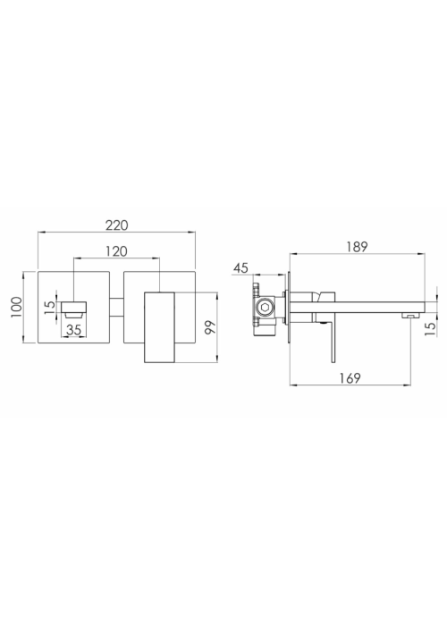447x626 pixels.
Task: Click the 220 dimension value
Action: pyautogui.click(x=117, y=225)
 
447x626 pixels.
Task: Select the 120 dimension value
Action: pyautogui.click(x=116, y=251)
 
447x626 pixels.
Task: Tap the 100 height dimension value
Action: pyautogui.click(x=17, y=307)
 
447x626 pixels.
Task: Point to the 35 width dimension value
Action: pyautogui.click(x=74, y=330)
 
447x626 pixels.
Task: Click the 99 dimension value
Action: pyautogui.click(x=210, y=327)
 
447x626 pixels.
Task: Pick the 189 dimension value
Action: pyautogui.click(x=357, y=247)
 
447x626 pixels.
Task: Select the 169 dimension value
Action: pyautogui.click(x=350, y=377)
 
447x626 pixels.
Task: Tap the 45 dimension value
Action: pyautogui.click(x=240, y=268)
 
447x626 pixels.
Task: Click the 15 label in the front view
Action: pyautogui.click(x=50, y=308)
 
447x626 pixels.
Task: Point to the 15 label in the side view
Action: pyautogui.click(x=430, y=329)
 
